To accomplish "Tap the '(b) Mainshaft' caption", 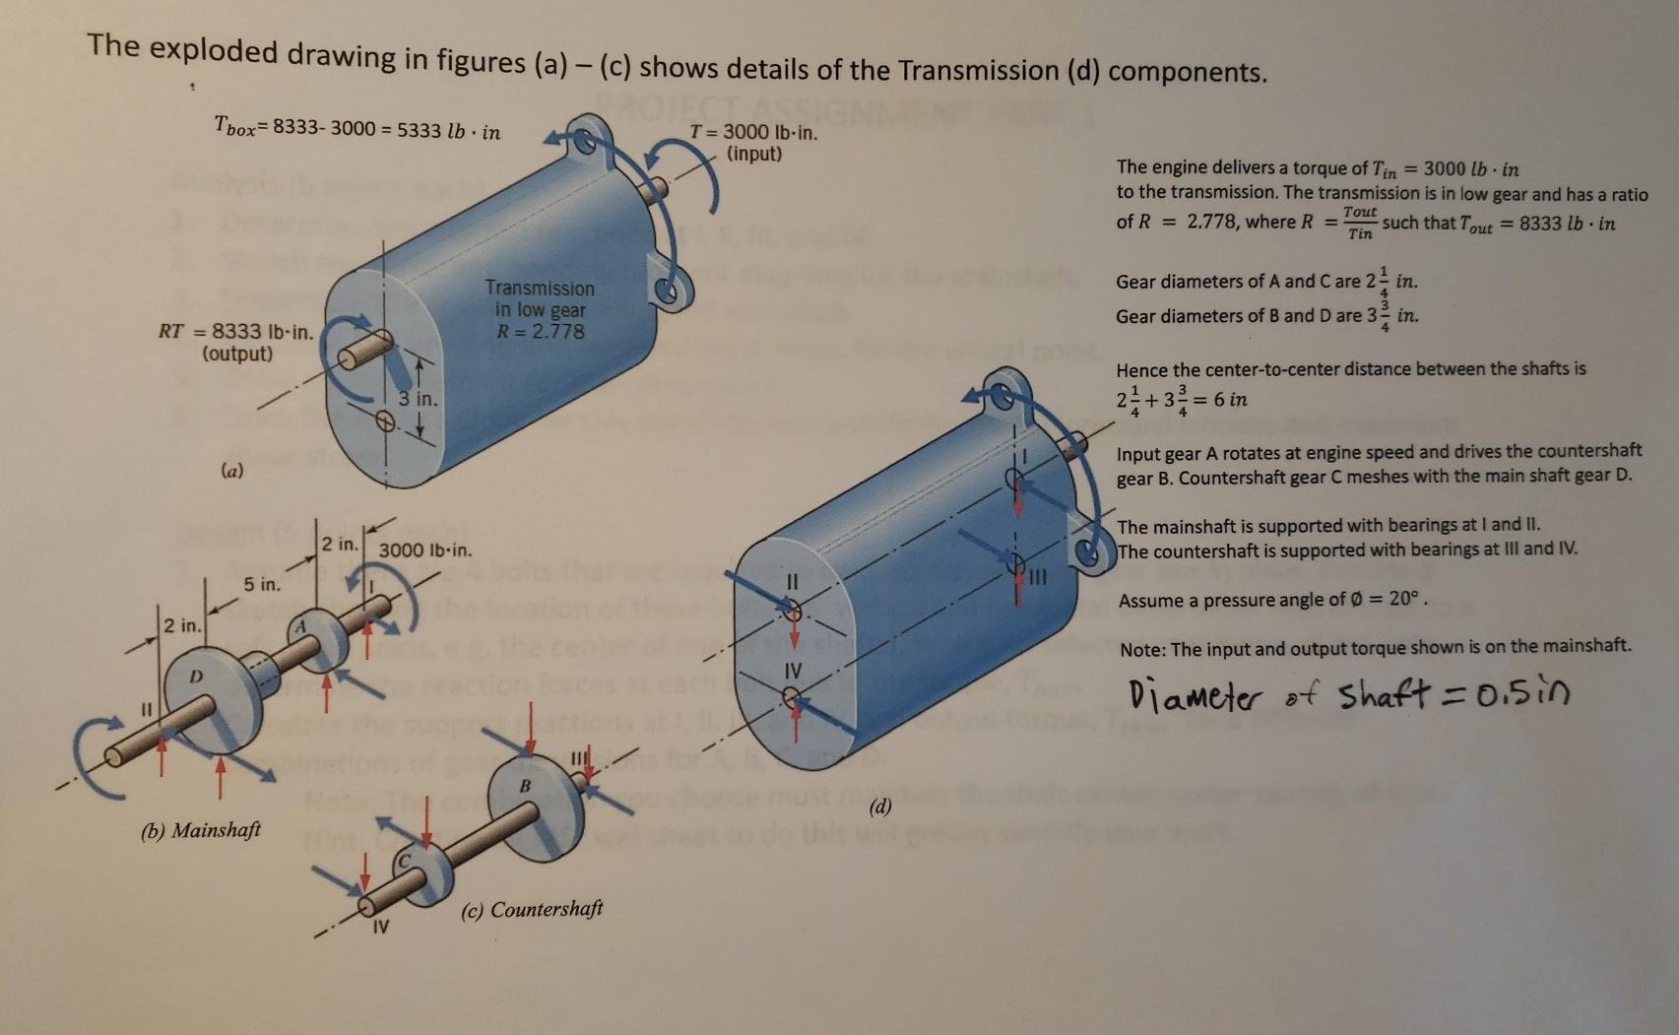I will point(201,830).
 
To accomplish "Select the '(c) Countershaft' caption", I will point(532,909).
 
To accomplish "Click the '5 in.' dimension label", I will point(262,585).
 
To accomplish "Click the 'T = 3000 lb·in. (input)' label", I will point(753,143).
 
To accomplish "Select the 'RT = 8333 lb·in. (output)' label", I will point(236,342).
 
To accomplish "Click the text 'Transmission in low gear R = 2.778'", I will point(540,309).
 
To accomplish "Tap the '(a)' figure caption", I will point(232,472).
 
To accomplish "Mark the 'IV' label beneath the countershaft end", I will point(380,927).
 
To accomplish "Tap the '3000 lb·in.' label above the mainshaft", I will point(425,550).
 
